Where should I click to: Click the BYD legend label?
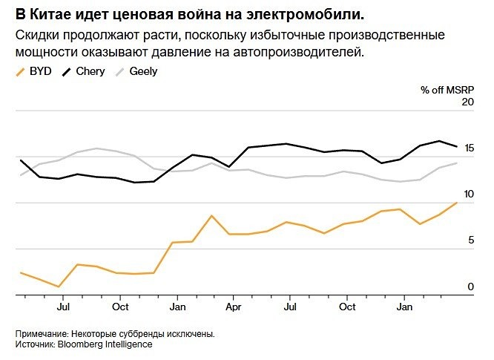pyautogui.click(x=41, y=71)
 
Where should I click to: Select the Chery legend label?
pyautogui.click(x=90, y=71)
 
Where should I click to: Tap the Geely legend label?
pyautogui.click(x=143, y=71)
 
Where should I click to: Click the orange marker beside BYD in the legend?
pyautogui.click(x=20, y=71)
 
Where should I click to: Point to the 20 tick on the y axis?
pyautogui.click(x=467, y=102)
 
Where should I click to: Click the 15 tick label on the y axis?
pyautogui.click(x=467, y=148)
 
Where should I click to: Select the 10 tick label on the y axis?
pyautogui.click(x=467, y=194)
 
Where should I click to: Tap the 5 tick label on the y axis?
pyautogui.click(x=470, y=240)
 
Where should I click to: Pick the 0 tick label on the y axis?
pyautogui.click(x=470, y=286)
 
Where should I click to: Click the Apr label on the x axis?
pyautogui.click(x=233, y=307)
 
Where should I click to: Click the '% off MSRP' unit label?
pyautogui.click(x=447, y=90)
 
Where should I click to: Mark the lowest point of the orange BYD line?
pyautogui.click(x=59, y=287)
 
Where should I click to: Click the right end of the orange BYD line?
pyautogui.click(x=457, y=202)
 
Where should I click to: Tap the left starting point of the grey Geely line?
pyautogui.click(x=21, y=175)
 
